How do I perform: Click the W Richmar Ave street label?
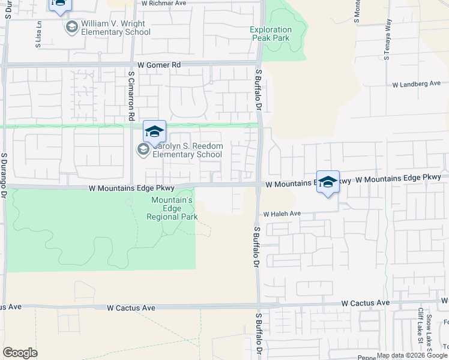pos(164,3)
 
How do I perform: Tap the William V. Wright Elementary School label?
pos(115,28)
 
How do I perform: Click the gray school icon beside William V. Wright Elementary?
pos(72,27)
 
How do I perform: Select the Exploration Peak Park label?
pos(271,34)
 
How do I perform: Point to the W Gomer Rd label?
pos(159,64)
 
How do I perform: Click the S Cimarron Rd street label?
pos(131,94)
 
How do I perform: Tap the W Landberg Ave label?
pos(417,84)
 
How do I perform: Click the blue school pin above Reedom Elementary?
pos(154,131)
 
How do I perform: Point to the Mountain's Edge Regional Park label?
pos(172,208)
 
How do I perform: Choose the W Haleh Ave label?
pos(282,214)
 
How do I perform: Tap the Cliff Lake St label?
pos(420,327)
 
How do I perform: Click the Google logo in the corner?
pos(20,353)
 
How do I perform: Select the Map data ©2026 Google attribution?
pos(411,355)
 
